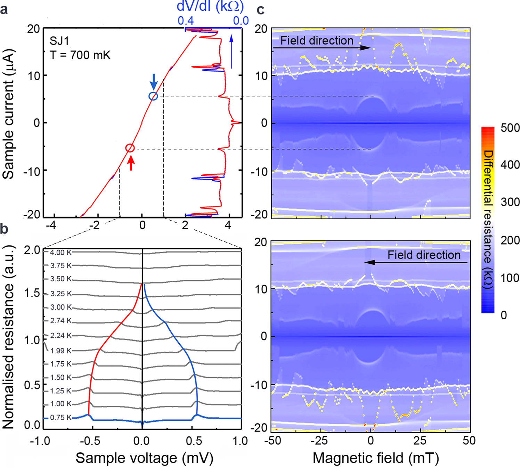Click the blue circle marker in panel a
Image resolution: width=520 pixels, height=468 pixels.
(x=153, y=96)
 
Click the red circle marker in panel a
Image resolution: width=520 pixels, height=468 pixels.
(x=130, y=148)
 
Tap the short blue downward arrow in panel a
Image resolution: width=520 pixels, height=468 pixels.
(x=153, y=82)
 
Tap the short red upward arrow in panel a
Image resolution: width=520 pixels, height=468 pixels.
(x=131, y=163)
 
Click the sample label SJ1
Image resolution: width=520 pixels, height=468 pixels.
(x=59, y=41)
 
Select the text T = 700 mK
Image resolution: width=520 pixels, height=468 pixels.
(x=80, y=55)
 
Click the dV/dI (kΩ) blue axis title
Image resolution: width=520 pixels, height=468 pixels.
(x=210, y=7)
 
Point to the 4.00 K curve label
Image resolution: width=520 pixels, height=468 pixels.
(x=61, y=253)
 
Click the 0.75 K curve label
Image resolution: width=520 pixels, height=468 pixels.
(x=61, y=418)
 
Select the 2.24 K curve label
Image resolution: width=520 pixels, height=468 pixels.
(x=61, y=336)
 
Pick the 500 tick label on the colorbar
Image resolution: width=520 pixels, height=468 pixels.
(x=510, y=128)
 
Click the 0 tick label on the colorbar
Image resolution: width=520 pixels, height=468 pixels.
(x=503, y=315)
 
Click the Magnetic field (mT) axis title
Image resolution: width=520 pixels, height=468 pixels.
(x=376, y=458)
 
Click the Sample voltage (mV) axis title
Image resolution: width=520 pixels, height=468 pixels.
(x=144, y=458)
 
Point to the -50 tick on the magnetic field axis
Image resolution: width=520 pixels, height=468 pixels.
(x=273, y=441)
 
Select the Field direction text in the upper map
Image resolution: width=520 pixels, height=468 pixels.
(x=317, y=41)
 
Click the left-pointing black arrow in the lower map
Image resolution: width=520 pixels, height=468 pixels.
(x=416, y=263)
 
